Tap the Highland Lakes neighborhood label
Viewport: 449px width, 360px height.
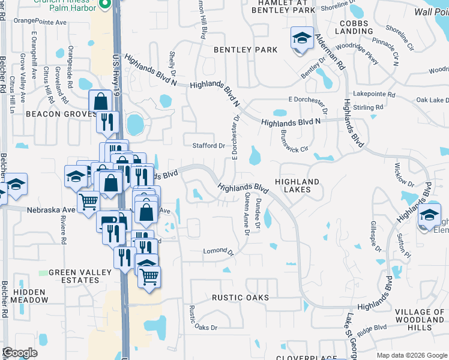point(297,185)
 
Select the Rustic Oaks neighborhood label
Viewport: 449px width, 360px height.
point(240,298)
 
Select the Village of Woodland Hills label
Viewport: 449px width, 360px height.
point(421,320)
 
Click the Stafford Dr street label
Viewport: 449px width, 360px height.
point(208,146)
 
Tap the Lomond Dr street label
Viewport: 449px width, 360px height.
point(217,251)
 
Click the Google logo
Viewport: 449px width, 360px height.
point(20,353)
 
